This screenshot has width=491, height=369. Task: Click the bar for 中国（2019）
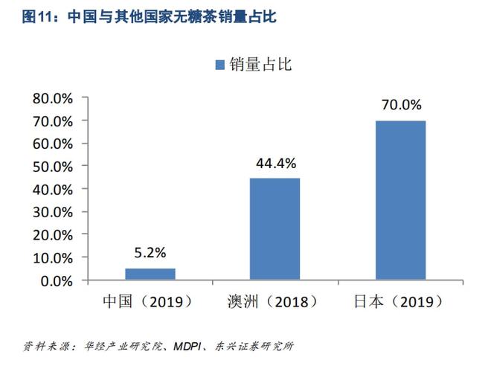[150, 274]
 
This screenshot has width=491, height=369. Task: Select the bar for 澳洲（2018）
[275, 229]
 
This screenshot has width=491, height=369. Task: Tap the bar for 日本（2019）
[400, 200]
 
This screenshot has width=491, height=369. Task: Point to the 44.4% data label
[275, 163]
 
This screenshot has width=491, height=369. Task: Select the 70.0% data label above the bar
[401, 105]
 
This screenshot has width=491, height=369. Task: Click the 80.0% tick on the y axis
[52, 98]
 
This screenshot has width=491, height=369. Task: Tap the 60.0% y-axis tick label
[52, 144]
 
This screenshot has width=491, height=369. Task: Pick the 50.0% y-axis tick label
[52, 167]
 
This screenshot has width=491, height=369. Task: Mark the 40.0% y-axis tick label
[52, 190]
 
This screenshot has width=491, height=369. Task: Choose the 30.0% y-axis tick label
[52, 212]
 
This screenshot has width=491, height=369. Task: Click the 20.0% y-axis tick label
[52, 235]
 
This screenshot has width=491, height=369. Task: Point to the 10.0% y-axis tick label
[52, 258]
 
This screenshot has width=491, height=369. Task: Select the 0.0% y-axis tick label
[55, 281]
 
